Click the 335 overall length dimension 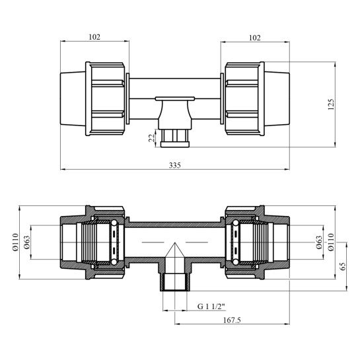(175, 165)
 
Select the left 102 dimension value (94, 37)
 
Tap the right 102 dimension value (255, 38)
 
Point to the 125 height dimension (331, 104)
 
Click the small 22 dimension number (152, 138)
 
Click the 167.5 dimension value (232, 320)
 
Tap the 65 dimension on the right (343, 266)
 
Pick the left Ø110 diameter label (15, 242)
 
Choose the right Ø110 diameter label (331, 242)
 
